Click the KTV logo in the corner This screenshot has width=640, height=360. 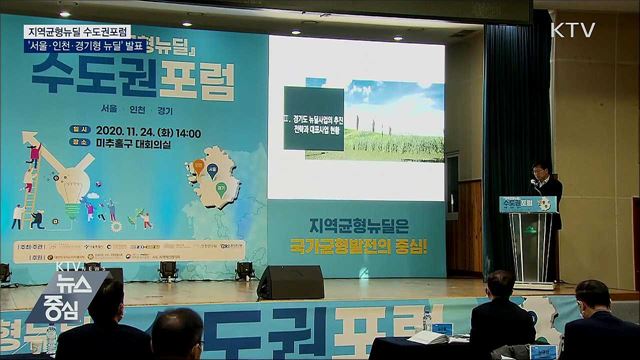(x=573, y=30)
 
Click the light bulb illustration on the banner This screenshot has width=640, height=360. (x=70, y=180)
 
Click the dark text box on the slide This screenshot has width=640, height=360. (x=313, y=118)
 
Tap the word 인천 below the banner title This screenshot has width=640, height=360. (x=133, y=108)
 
